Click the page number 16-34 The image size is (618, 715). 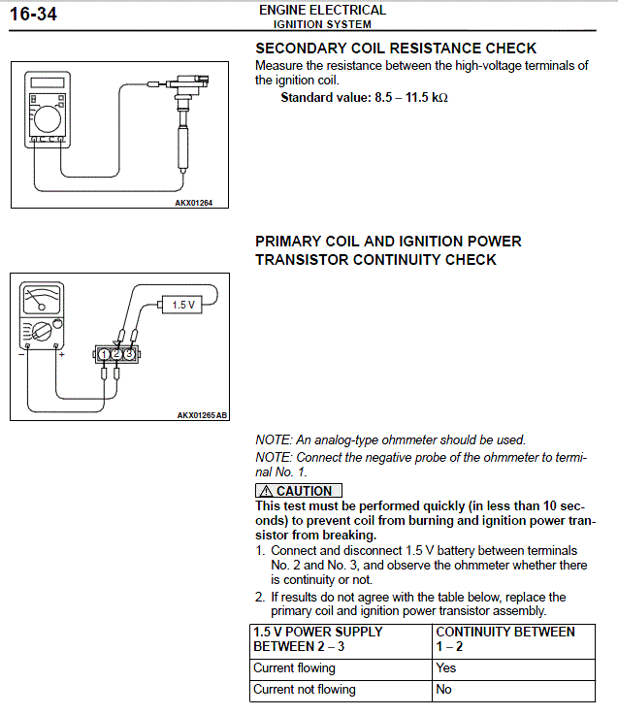click(x=34, y=15)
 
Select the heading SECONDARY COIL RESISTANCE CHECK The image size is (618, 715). click(x=395, y=48)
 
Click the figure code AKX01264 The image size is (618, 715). click(x=193, y=203)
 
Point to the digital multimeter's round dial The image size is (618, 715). click(x=46, y=119)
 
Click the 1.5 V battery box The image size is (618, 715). click(x=183, y=304)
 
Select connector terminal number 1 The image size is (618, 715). click(x=104, y=354)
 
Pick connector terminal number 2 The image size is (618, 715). click(x=116, y=354)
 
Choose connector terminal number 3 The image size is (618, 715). click(x=129, y=354)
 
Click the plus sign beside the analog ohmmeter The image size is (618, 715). click(x=61, y=356)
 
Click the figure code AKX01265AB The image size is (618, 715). click(x=202, y=415)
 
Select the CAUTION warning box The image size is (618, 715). click(x=299, y=491)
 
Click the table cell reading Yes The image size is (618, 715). click(x=446, y=668)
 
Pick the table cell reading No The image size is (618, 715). click(x=444, y=690)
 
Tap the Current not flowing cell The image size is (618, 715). click(x=305, y=690)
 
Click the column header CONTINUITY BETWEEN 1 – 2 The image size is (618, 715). click(x=504, y=638)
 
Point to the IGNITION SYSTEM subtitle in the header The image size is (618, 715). click(x=322, y=24)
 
